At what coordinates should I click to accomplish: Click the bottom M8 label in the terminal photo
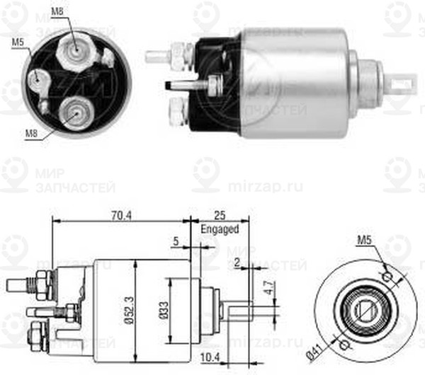(32, 132)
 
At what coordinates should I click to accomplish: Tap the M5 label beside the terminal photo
(18, 42)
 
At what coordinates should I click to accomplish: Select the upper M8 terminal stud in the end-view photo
(75, 48)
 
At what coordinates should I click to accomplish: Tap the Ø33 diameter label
(164, 311)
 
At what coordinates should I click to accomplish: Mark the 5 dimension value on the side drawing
(175, 241)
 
